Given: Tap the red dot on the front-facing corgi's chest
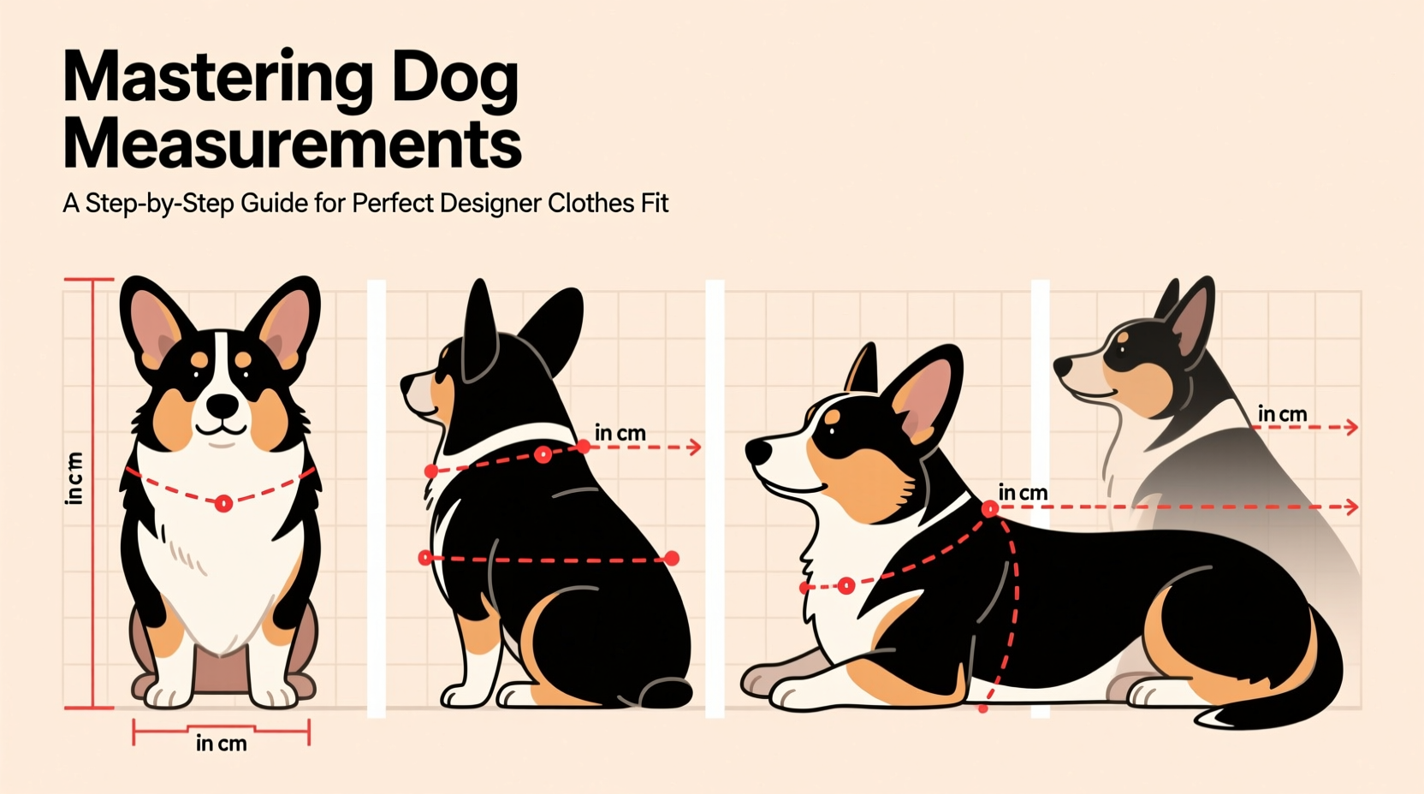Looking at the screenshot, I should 223,503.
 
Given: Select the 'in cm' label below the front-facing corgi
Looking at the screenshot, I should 221,744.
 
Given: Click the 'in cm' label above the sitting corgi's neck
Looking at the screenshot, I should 620,433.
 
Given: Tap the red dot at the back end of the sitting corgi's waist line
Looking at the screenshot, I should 672,558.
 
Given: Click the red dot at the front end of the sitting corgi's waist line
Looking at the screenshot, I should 424,558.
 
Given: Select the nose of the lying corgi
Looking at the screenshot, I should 756,451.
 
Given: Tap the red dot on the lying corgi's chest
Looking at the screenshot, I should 845,585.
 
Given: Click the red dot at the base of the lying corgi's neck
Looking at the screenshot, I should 989,509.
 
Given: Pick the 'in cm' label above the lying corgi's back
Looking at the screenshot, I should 1023,493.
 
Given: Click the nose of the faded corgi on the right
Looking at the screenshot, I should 1062,367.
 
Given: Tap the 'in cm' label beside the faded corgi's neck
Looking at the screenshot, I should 1282,415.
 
